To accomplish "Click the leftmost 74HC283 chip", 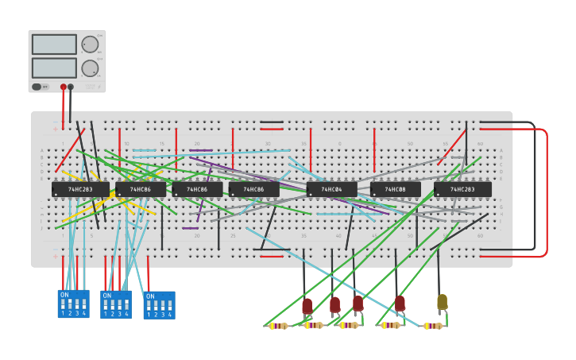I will click(80, 190).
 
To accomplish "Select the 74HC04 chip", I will click(331, 190).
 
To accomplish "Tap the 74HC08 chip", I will click(395, 190).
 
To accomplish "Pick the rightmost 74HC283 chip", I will click(462, 190).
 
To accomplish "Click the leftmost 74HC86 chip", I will click(141, 190).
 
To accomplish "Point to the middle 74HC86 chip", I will click(197, 190).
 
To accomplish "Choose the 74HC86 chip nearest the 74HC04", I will click(254, 190).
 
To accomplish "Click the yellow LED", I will click(442, 302).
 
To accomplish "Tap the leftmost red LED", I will click(307, 305).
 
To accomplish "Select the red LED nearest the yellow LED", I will click(400, 303).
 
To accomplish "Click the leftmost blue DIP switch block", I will click(73, 304).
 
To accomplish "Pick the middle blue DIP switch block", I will click(116, 304).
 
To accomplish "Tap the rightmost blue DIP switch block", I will click(159, 305).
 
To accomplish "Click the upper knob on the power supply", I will click(90, 44).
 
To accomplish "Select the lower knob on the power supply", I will click(90, 68).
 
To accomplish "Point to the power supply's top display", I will click(54, 44).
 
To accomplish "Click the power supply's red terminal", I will click(64, 87).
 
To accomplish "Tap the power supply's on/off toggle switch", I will click(37, 87).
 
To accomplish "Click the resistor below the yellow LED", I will click(432, 326).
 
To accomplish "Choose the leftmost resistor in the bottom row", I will click(277, 326).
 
